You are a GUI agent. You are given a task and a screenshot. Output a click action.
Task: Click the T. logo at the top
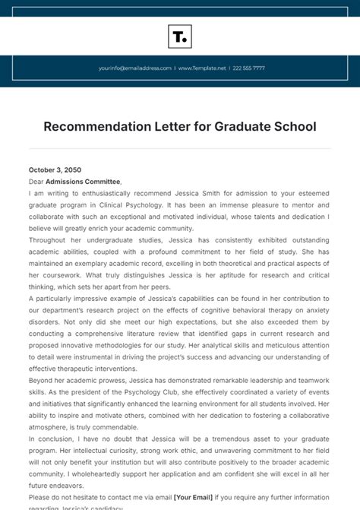[180, 36]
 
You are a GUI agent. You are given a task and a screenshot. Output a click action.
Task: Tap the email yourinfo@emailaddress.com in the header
[134, 68]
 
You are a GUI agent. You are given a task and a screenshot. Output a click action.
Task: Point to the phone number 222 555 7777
[249, 68]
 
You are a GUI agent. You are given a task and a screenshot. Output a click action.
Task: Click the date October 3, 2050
[55, 170]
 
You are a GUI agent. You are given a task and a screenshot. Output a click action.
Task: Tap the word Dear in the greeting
[36, 182]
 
